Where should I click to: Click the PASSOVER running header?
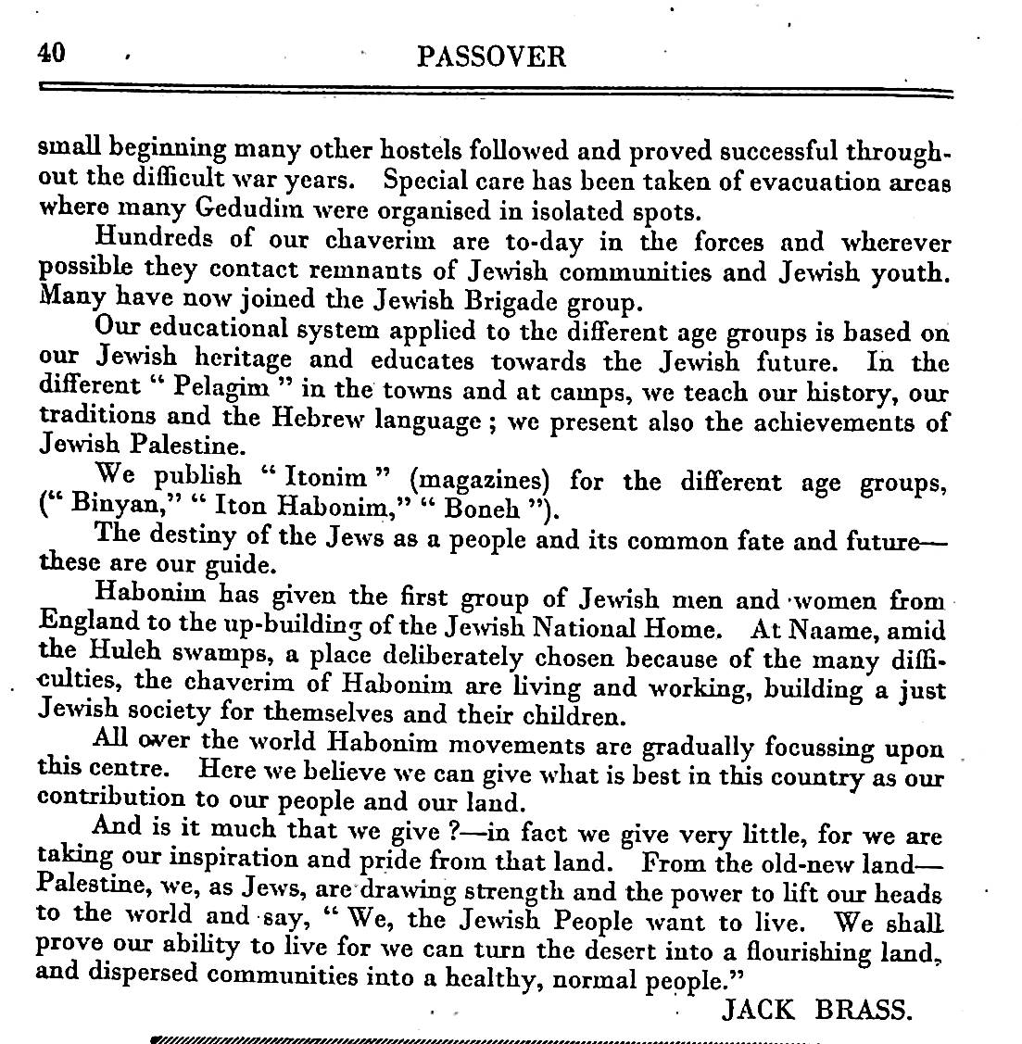coord(491,57)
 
